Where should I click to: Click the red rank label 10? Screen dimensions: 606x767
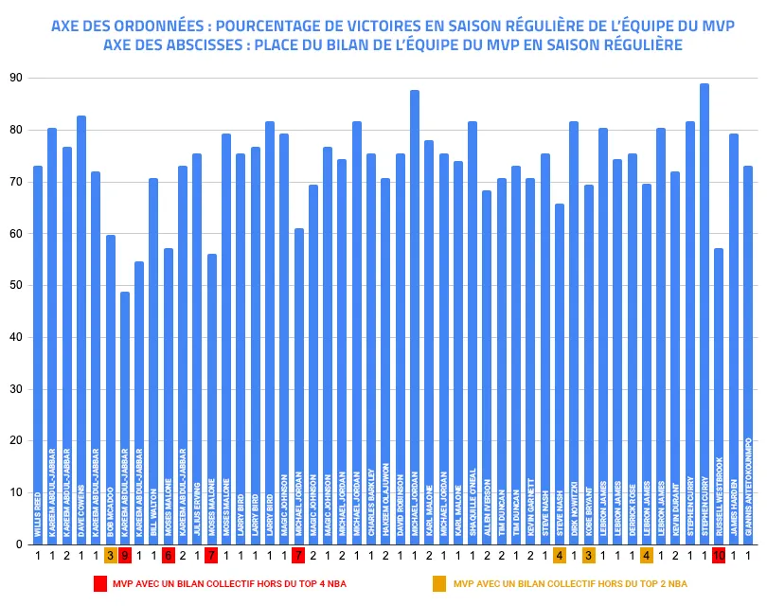pyautogui.click(x=719, y=556)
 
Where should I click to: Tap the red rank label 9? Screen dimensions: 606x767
pyautogui.click(x=125, y=556)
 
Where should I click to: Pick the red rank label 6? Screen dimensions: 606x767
pyautogui.click(x=169, y=556)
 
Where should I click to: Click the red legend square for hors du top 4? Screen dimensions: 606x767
pyautogui.click(x=99, y=583)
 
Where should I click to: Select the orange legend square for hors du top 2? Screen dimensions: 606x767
pyautogui.click(x=439, y=583)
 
